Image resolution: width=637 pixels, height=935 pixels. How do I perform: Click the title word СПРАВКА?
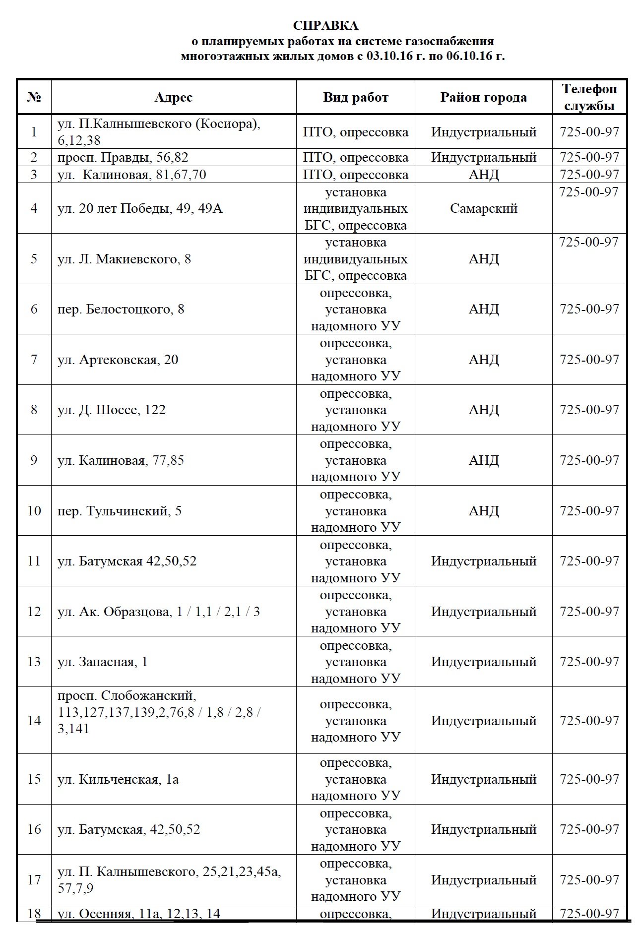click(325, 25)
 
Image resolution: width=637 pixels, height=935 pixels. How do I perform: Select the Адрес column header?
click(173, 97)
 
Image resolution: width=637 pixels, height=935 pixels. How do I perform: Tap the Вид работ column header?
click(356, 97)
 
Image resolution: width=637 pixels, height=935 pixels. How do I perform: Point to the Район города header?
click(483, 97)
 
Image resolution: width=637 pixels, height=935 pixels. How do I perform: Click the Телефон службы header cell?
click(589, 97)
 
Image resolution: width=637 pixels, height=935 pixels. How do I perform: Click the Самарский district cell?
click(484, 208)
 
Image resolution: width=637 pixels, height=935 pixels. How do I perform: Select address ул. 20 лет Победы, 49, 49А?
click(140, 208)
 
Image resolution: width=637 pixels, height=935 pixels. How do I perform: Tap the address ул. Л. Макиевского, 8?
click(124, 259)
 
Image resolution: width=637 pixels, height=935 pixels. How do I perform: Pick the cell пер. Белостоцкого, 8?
click(121, 309)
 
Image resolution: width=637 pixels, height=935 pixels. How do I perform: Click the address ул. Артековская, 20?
click(118, 360)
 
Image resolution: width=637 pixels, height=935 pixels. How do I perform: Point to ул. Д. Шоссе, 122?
click(112, 410)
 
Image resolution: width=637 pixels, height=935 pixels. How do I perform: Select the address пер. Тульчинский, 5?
click(120, 510)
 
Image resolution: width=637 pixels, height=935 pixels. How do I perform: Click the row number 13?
click(34, 662)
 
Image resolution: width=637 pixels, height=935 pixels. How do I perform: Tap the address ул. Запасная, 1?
click(103, 662)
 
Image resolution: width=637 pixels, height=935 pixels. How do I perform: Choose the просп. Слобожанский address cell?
click(159, 712)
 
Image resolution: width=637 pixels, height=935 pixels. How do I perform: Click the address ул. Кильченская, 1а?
click(118, 779)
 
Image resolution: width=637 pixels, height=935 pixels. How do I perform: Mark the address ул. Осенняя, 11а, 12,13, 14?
click(139, 913)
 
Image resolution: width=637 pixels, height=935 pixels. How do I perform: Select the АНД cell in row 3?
click(484, 175)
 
